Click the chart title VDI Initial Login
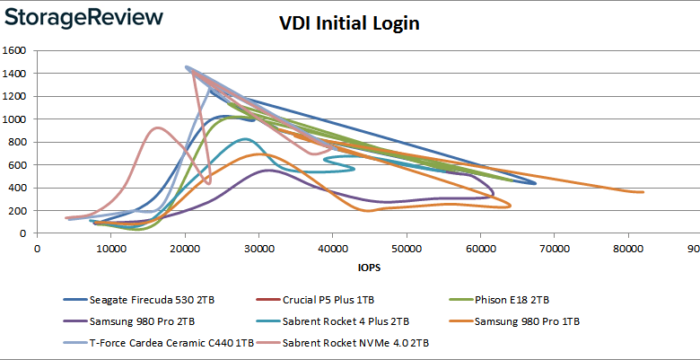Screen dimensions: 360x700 click(349, 23)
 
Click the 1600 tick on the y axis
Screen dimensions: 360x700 click(17, 50)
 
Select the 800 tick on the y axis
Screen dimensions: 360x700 click(20, 142)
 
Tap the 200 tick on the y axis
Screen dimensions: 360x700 click(20, 210)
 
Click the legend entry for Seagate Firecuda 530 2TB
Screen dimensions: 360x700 click(140, 300)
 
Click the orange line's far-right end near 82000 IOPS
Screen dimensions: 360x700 click(643, 191)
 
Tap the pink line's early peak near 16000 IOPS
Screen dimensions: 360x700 click(157, 127)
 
